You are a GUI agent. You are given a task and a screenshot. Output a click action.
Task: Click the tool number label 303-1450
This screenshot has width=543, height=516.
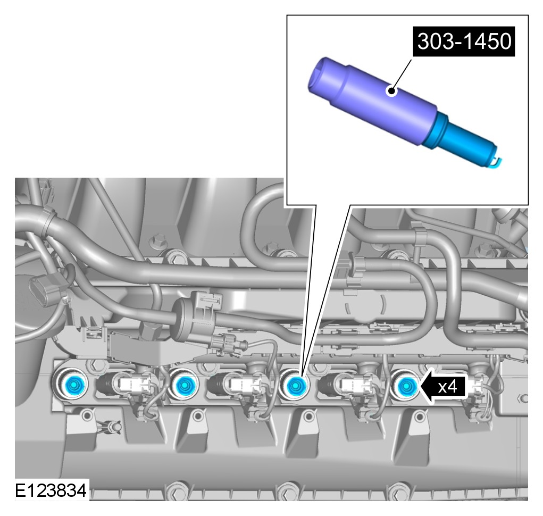click(x=464, y=41)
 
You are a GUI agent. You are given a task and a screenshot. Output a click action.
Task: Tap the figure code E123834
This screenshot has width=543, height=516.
click(x=51, y=490)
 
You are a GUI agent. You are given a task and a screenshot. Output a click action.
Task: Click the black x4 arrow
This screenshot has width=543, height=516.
click(x=444, y=386)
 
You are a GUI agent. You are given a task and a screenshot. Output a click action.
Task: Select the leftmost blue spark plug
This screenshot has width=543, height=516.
click(x=74, y=384)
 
